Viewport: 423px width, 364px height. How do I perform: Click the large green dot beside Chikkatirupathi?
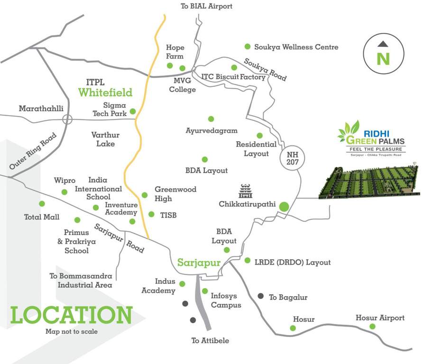tap(284, 206)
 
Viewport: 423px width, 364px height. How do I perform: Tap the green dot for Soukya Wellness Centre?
tap(247, 46)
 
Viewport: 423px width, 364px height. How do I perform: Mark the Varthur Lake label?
tap(103, 139)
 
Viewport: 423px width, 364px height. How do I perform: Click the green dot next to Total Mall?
tap(42, 203)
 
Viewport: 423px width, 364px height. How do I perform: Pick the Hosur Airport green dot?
tap(372, 327)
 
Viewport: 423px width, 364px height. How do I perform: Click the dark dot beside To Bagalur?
tap(260, 296)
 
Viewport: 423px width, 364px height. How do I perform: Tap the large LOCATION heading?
tap(71, 315)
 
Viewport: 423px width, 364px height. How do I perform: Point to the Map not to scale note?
tap(72, 332)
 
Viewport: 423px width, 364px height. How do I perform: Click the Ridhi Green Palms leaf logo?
tap(349, 131)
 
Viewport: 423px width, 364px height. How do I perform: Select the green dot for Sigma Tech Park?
tap(133, 111)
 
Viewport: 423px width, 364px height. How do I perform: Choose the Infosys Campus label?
tap(226, 300)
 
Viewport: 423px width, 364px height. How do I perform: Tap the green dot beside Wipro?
tap(64, 191)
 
